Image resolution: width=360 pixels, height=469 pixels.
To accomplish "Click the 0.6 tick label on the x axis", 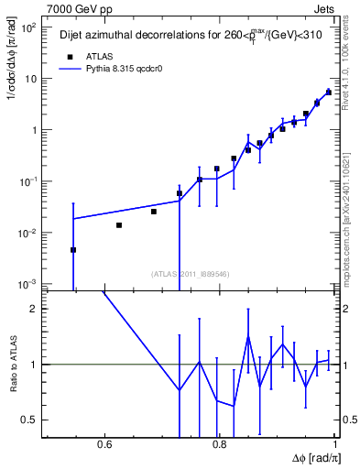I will (x=104, y=444).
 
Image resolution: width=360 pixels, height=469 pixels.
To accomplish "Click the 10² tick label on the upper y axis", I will (x=30, y=27).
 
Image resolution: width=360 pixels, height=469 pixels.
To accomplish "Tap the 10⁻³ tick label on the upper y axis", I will (x=30, y=285).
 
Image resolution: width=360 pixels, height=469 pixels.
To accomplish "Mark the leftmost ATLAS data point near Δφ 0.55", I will (x=73, y=250).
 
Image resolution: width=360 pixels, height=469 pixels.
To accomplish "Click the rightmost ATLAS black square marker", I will (x=328, y=93).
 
